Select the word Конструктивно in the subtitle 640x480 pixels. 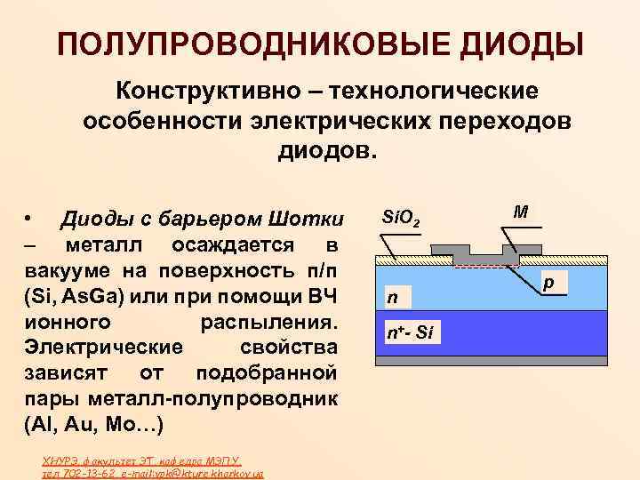194,92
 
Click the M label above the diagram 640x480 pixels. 521,212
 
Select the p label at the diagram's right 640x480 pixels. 549,282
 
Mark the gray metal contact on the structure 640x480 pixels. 486,253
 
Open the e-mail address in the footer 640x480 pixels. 187,475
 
